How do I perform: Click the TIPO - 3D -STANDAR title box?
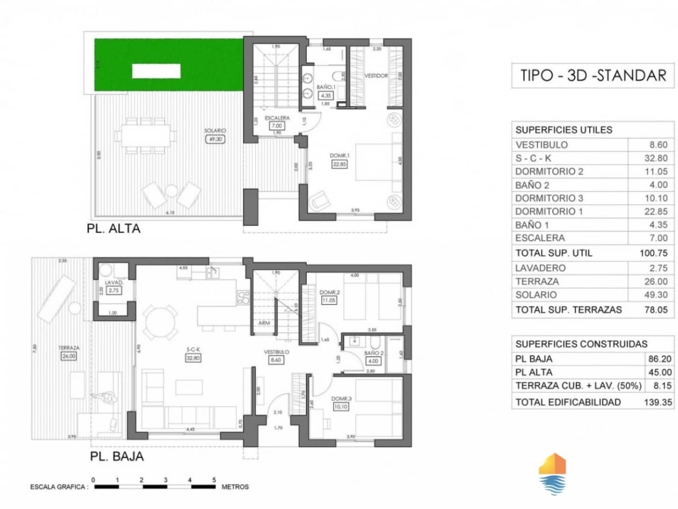592,75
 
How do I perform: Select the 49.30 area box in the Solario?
215,139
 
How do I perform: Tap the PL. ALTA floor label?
113,229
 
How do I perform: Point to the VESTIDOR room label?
376,76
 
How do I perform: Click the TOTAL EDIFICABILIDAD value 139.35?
657,402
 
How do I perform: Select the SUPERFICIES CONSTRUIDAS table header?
581,344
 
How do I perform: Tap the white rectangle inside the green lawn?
156,71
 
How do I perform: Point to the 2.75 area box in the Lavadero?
113,291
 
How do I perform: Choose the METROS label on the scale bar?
235,487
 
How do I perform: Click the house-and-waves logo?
552,473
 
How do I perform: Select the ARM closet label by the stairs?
264,323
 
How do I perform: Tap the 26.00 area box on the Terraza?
69,356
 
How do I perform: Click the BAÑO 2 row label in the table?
532,185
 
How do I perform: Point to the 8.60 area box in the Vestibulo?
276,360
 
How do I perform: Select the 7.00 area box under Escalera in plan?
276,126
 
